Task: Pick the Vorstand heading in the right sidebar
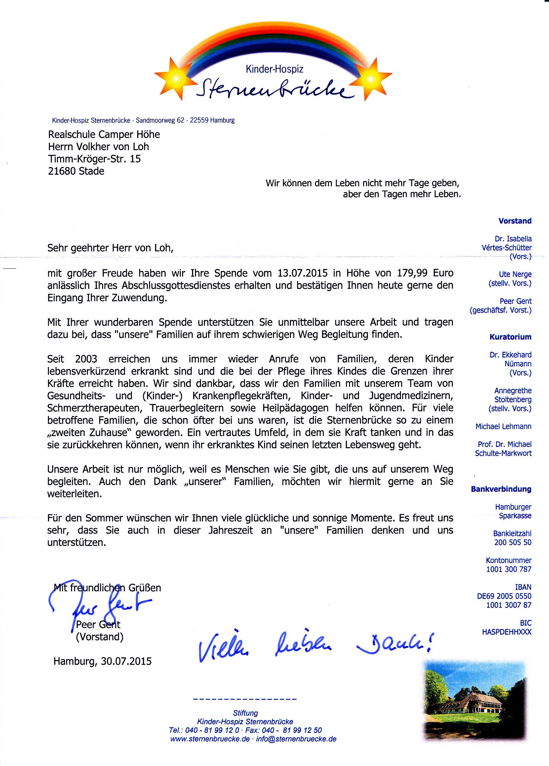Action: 515,221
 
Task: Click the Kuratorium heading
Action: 511,337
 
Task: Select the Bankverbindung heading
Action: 501,489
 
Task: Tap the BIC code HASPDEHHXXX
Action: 506,632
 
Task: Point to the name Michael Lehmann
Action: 503,427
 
